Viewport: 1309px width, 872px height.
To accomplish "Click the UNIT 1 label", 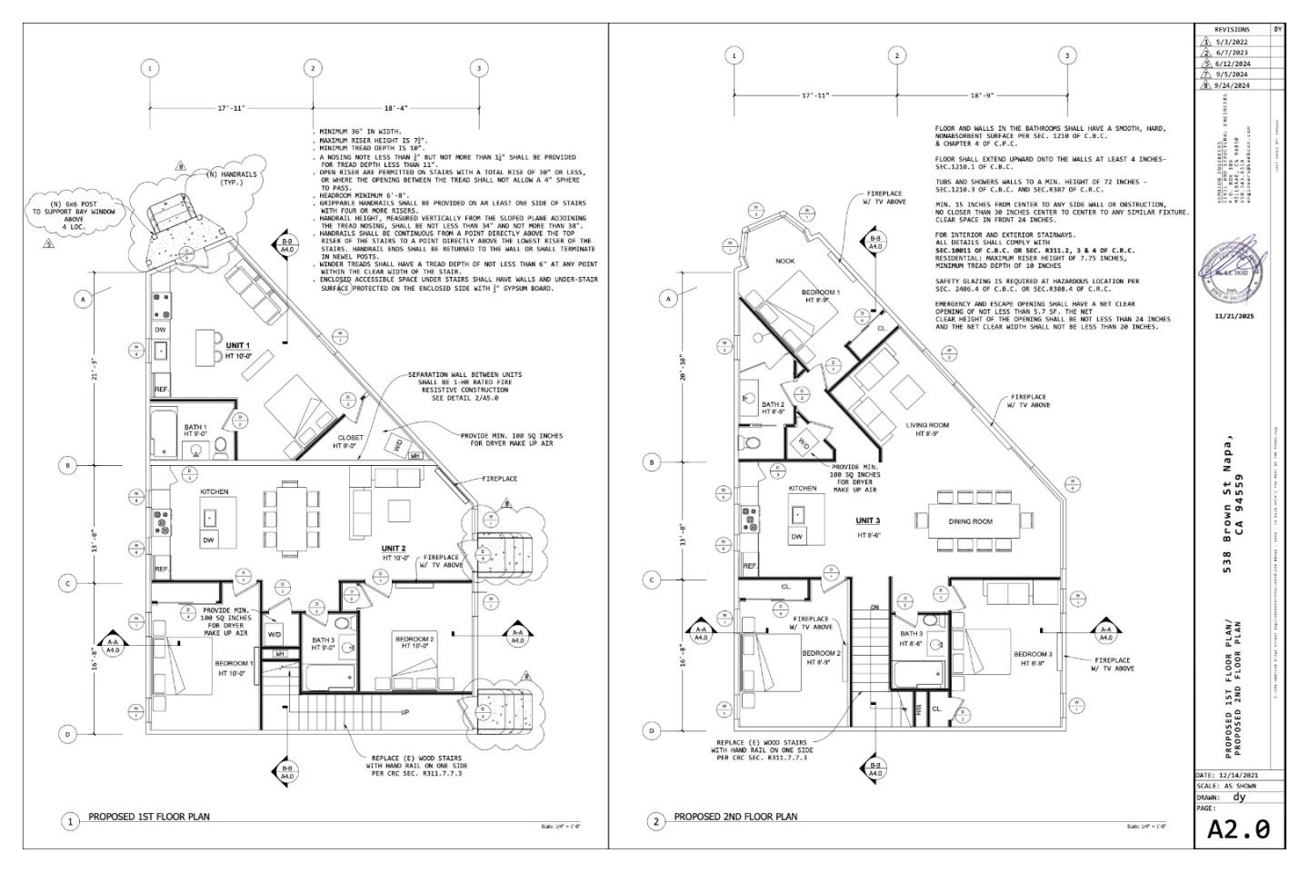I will [x=237, y=346].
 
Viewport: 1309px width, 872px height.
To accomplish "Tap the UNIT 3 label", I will [x=867, y=520].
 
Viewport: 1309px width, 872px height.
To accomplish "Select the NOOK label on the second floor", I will [x=784, y=261].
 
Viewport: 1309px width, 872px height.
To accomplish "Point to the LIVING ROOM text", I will [x=927, y=425].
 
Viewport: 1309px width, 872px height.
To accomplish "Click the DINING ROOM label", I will [x=970, y=521].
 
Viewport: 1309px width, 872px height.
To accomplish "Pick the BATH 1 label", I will [x=195, y=427].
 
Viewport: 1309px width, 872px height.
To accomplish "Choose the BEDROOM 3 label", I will [x=1033, y=654].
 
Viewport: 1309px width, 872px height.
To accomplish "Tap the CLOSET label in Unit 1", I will [x=350, y=438].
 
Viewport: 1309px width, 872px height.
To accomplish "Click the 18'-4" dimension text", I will [x=395, y=108].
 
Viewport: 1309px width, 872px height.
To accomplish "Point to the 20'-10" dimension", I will [x=683, y=373].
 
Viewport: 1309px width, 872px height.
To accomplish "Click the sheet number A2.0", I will [x=1237, y=828].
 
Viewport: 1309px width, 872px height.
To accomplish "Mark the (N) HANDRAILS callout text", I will [x=225, y=178].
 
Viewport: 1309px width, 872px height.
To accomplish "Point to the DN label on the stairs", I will [x=874, y=607].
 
